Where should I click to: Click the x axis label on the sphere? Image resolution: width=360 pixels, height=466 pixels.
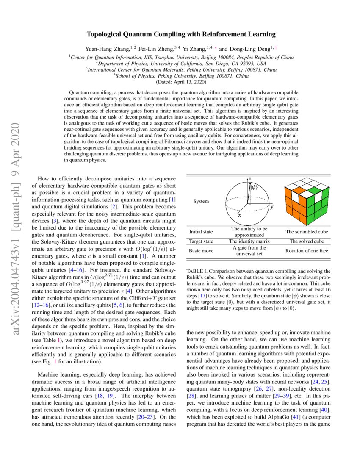[239, 216]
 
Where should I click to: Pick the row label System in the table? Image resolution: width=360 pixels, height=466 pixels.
[201, 201]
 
